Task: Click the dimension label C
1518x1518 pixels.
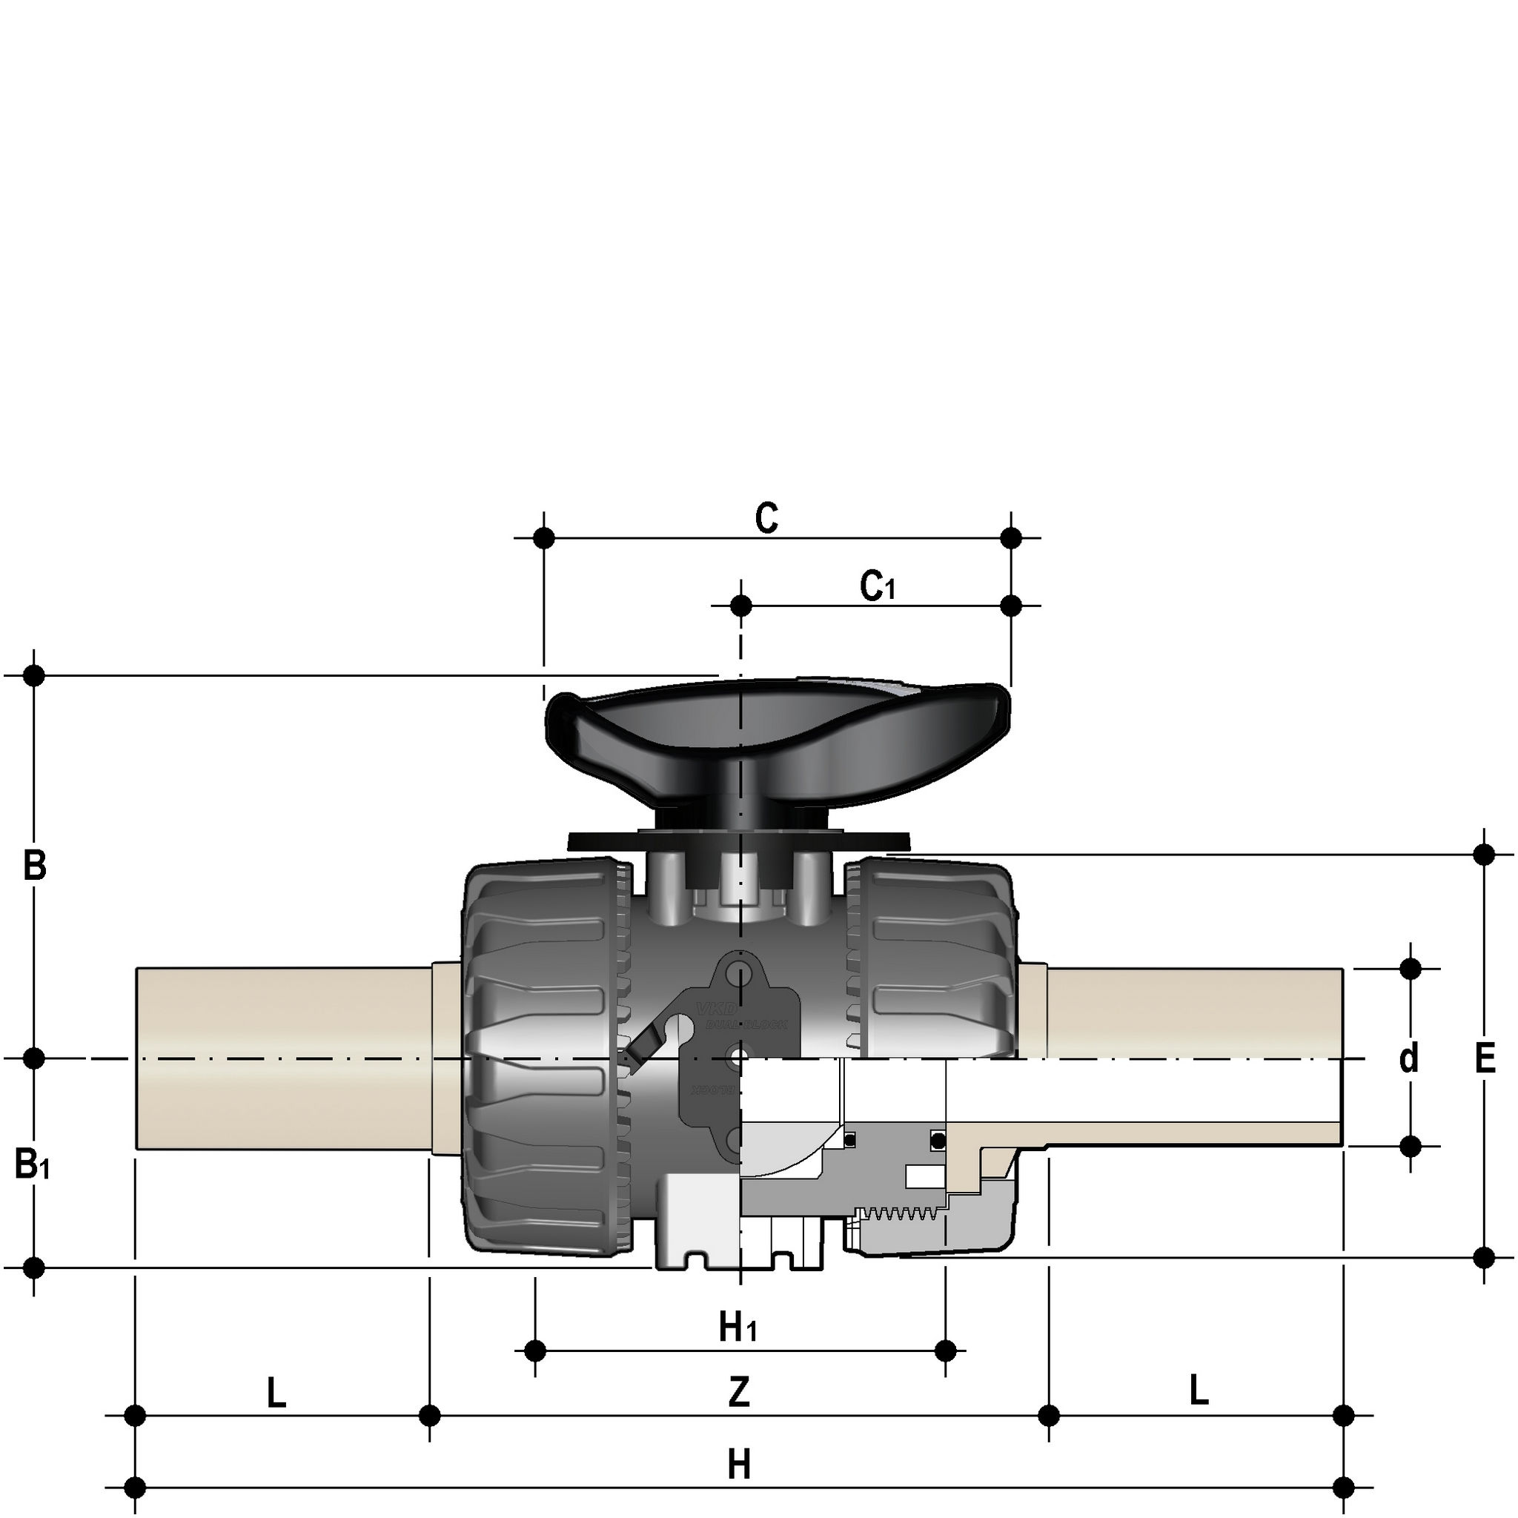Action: [766, 519]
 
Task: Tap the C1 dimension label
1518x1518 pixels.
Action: [877, 586]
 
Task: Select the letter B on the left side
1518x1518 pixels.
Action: [35, 866]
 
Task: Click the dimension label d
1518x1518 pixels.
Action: [1409, 1058]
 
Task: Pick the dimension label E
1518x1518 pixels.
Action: [1484, 1059]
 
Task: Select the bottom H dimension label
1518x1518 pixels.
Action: [738, 1465]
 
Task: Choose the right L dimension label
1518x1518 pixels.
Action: [1199, 1391]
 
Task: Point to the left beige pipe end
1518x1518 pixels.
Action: [283, 1058]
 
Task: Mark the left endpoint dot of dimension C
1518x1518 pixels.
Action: [544, 538]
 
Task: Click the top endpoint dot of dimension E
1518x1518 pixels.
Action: [1484, 854]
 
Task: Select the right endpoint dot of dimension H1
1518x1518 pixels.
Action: [947, 1350]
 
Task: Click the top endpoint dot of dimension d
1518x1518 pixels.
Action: [1411, 969]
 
